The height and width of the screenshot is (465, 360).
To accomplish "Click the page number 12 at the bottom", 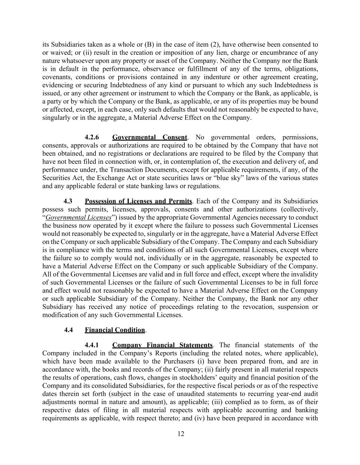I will (x=181, y=434).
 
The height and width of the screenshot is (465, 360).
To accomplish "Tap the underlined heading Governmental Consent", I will (x=150, y=137).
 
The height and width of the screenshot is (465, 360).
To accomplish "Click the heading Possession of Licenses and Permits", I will (x=138, y=201).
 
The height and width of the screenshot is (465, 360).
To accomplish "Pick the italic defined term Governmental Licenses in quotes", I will (x=78, y=217).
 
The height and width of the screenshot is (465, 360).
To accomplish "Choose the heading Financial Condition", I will (x=115, y=330).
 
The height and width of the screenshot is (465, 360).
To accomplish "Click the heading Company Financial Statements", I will (x=162, y=345).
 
